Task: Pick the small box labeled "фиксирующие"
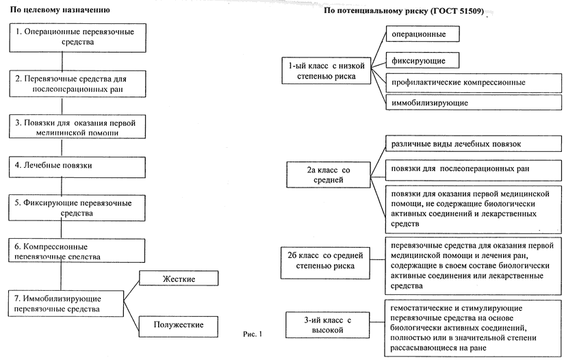(x=421, y=60)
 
